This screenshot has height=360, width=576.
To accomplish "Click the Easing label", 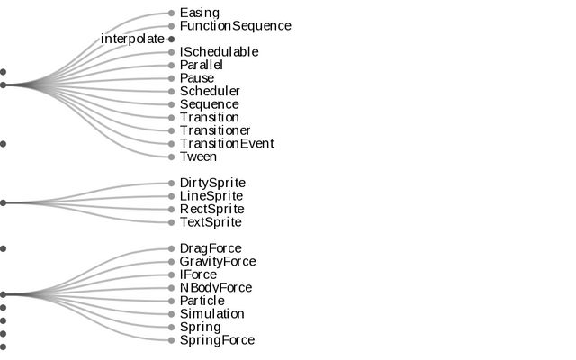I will click(199, 13).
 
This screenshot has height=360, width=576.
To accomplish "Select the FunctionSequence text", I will click(235, 26).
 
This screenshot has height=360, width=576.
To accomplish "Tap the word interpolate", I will click(132, 40).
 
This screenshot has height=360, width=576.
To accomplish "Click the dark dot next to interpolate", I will click(171, 40).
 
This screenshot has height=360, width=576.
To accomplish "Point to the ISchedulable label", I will click(219, 52).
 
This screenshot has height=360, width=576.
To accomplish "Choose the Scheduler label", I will click(210, 91).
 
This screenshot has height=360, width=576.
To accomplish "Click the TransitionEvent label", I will click(227, 143).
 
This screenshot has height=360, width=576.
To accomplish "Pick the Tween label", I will click(198, 157).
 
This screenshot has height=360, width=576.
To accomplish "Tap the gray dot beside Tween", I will click(171, 157).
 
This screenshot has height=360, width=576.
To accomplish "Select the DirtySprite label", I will click(212, 183).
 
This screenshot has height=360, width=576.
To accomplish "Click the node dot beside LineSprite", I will click(171, 196).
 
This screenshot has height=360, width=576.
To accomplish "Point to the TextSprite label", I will click(211, 222).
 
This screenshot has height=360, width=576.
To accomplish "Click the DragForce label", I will click(211, 248).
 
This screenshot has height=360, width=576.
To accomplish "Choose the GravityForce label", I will click(218, 262).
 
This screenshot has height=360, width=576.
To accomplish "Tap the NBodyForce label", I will click(216, 288).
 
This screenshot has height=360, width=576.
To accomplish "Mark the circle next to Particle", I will click(171, 301).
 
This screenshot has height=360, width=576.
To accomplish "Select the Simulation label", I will click(211, 314).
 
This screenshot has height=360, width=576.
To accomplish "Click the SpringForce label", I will click(217, 340).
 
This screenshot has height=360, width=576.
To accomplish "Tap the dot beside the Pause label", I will click(171, 78).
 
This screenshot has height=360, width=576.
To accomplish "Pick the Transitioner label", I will click(215, 130).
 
